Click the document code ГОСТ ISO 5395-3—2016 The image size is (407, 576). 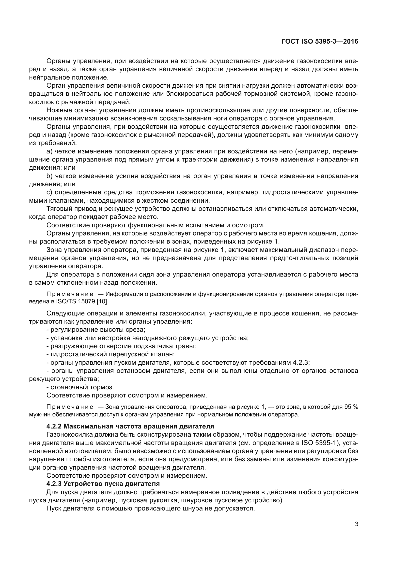(x=320, y=42)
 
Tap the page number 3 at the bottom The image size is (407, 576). (x=356, y=524)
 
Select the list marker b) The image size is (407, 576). (x=49, y=176)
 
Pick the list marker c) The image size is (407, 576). (x=49, y=192)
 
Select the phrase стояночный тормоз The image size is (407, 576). (x=82, y=387)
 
